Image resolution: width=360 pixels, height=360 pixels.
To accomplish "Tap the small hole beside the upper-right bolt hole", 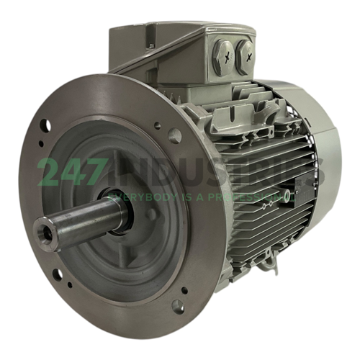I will (158, 125).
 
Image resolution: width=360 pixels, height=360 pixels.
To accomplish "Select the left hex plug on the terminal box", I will (224, 55).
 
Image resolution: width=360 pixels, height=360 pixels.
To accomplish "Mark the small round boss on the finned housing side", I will (287, 195).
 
